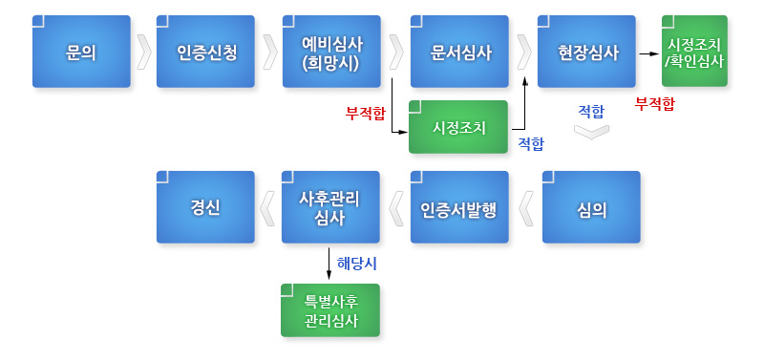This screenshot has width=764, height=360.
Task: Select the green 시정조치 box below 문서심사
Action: pos(458,127)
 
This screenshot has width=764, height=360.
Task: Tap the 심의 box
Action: pos(591,207)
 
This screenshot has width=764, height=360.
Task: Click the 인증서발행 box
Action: pos(459,207)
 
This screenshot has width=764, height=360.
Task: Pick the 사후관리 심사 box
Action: pos(330,207)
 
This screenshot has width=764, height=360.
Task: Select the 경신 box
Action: pos(205,207)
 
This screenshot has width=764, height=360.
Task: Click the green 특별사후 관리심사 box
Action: pos(330,310)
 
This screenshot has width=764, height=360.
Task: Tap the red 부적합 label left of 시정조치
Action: pos(366,113)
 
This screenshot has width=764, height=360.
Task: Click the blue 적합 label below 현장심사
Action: pos(591,110)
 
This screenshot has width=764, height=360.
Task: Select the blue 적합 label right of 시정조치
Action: pos(531,143)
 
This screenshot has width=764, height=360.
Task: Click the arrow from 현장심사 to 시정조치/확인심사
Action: pos(649,53)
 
